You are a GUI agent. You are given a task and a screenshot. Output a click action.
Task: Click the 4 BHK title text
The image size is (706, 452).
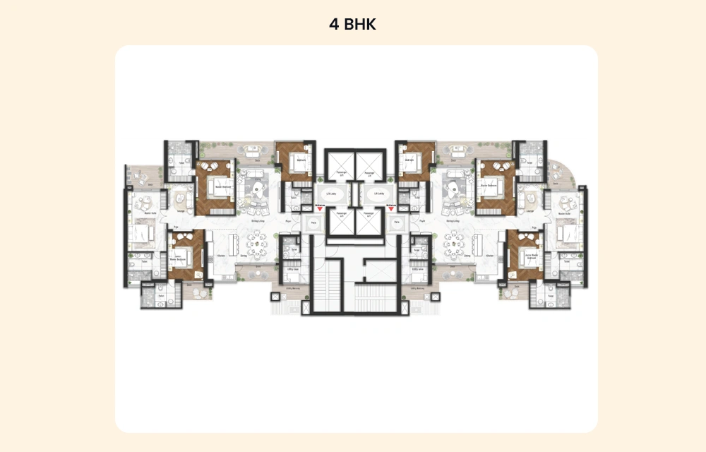coord(352,24)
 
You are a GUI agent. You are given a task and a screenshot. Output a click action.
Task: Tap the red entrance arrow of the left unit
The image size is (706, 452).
coord(320,208)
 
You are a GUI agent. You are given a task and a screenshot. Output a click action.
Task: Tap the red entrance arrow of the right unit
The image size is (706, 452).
coord(390,208)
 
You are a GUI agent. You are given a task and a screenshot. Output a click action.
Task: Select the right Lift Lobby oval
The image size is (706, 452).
coord(377,193)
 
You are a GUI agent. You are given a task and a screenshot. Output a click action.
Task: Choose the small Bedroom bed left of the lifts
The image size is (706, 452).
coord(298,164)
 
